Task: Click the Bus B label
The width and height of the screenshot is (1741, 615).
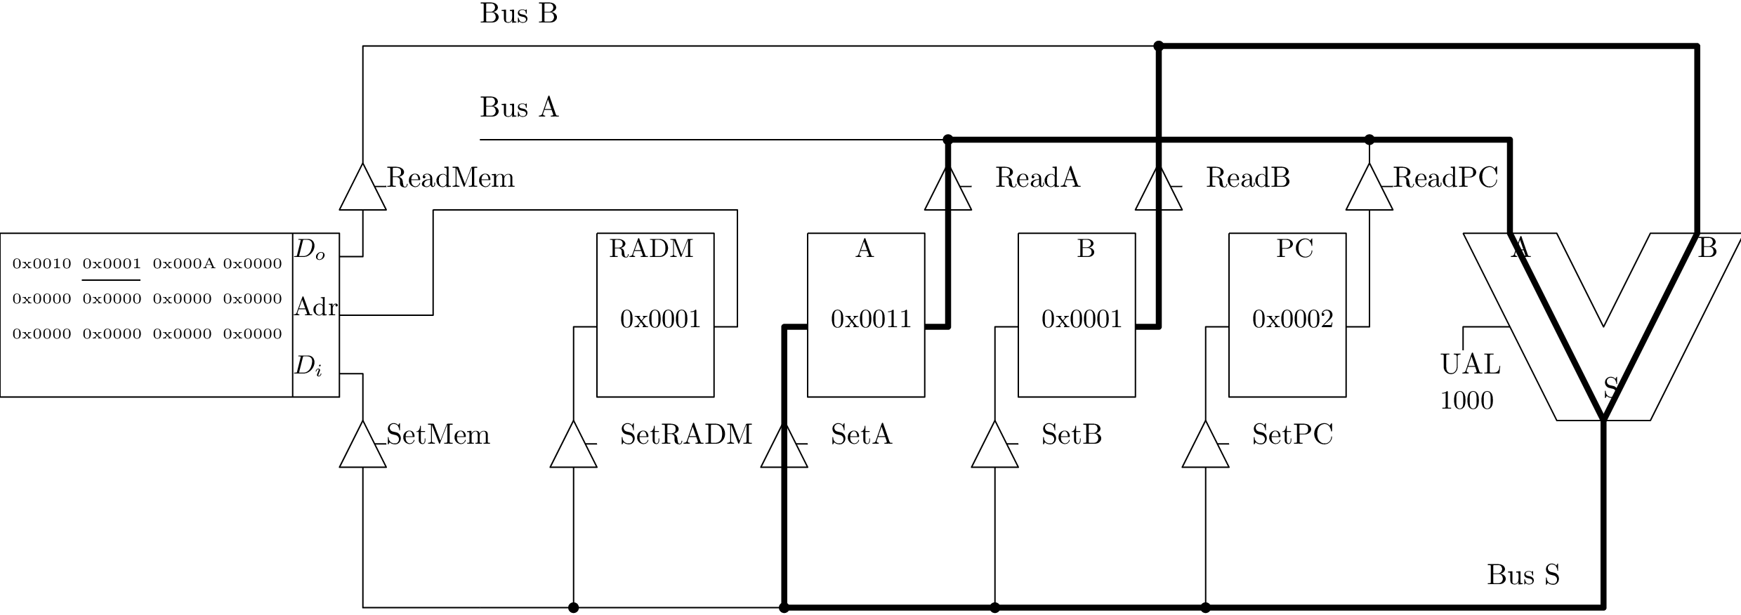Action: tap(518, 14)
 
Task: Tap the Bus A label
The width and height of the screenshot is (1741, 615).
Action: tap(519, 108)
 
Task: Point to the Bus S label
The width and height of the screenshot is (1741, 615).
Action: tap(1523, 575)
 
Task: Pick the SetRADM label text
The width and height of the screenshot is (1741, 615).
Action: tap(685, 435)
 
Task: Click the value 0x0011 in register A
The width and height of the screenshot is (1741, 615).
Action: tap(871, 319)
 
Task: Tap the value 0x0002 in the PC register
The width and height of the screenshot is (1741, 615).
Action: tap(1292, 319)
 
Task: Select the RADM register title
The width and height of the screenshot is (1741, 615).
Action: tap(651, 249)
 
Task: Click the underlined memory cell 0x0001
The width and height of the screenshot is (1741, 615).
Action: tap(112, 264)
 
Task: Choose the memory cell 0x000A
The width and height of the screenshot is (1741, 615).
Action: tap(183, 264)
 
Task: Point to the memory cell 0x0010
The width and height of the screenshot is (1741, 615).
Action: tap(42, 264)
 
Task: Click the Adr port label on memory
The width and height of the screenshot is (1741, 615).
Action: tap(315, 307)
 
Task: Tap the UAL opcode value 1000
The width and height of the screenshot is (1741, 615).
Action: tap(1466, 401)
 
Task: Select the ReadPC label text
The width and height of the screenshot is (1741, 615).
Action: tap(1445, 178)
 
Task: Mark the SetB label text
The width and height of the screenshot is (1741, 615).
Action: tap(1071, 435)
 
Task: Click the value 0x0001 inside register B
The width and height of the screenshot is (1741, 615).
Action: tap(1082, 319)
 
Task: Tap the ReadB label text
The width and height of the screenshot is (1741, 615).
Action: tap(1247, 178)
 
